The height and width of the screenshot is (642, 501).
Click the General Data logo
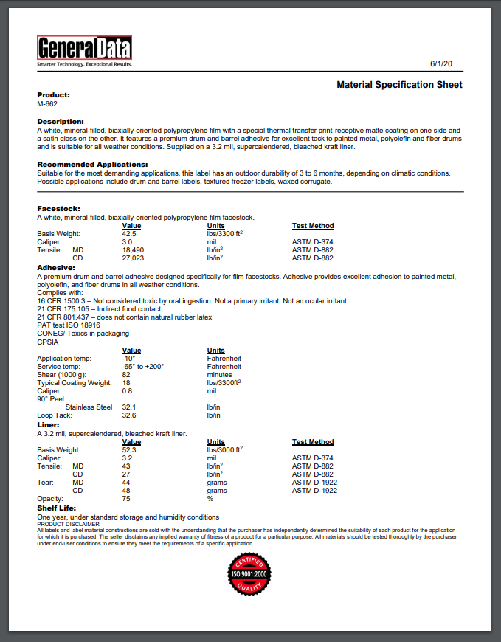pyautogui.click(x=84, y=49)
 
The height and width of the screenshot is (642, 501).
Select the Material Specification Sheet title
pyautogui.click(x=399, y=85)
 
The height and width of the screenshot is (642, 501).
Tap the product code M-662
pyautogui.click(x=47, y=104)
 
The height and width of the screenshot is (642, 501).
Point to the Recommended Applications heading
pyautogui.click(x=92, y=164)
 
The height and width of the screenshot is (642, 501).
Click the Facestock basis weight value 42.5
pyautogui.click(x=129, y=233)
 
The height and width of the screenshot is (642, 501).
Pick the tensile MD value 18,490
pyautogui.click(x=133, y=250)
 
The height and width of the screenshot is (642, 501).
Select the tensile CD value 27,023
pyautogui.click(x=133, y=258)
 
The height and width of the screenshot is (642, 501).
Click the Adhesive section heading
pyautogui.click(x=57, y=267)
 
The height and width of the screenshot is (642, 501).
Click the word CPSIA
pyautogui.click(x=48, y=342)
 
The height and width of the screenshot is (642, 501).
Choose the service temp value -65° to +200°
pyautogui.click(x=143, y=366)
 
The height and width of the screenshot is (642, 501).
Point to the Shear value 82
pyautogui.click(x=126, y=374)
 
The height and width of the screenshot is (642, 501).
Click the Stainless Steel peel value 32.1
pyautogui.click(x=128, y=407)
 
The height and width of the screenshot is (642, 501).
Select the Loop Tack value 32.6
pyautogui.click(x=128, y=415)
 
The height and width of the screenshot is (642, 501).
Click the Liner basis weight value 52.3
pyautogui.click(x=129, y=449)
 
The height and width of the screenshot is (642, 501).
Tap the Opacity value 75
pyautogui.click(x=126, y=499)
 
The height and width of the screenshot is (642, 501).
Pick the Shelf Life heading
pyautogui.click(x=55, y=508)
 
